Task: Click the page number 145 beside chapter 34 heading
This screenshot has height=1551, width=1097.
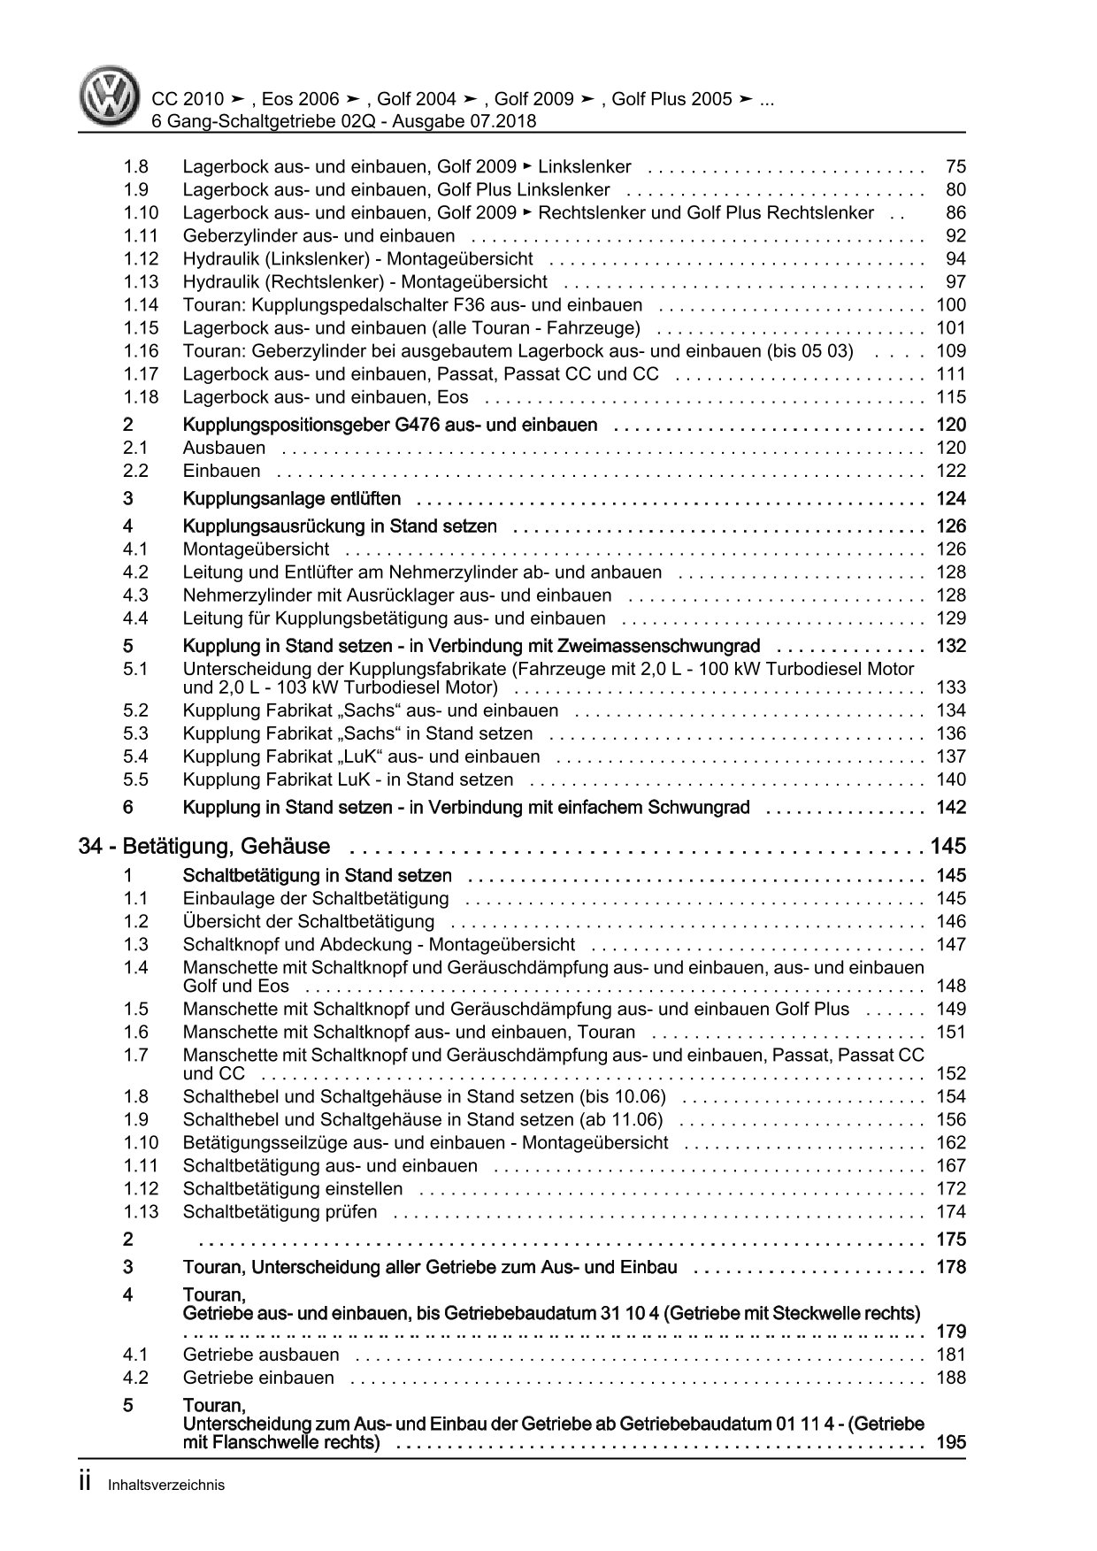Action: (947, 847)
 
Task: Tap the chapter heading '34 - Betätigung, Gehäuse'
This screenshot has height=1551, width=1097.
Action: (204, 847)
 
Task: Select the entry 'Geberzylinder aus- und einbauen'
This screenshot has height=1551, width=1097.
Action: (318, 236)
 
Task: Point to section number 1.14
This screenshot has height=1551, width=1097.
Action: (141, 305)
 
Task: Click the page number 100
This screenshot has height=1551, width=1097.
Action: (950, 305)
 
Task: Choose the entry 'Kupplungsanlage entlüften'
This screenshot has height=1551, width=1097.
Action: (291, 499)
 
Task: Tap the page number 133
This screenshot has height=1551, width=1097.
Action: (950, 687)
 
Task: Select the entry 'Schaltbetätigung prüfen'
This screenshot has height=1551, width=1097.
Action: (280, 1212)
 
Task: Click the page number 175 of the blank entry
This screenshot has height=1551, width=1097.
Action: (950, 1240)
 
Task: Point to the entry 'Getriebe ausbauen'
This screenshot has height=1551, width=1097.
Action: (261, 1355)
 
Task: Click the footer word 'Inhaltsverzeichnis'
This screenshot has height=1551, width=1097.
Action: (166, 1486)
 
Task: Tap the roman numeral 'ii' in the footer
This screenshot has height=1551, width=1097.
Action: (86, 1484)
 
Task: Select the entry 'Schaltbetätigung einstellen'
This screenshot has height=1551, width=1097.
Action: (293, 1189)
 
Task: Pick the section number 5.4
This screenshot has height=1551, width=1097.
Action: (136, 756)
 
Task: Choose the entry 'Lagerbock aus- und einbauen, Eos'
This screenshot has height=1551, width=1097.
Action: (326, 397)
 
